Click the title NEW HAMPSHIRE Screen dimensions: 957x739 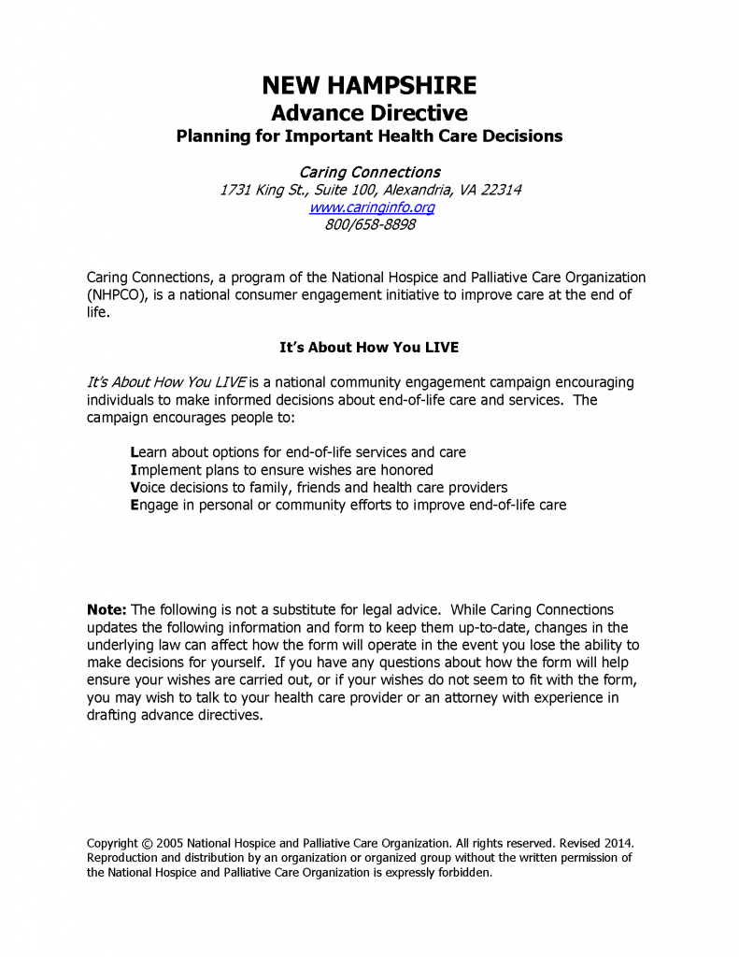(369, 86)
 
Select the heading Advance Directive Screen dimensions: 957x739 (369, 113)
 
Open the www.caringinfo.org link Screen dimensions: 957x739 (371, 207)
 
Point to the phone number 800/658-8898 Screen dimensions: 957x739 (370, 225)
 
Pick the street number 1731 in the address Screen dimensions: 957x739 (235, 190)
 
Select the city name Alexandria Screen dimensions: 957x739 (415, 190)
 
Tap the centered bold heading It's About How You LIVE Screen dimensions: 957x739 (369, 347)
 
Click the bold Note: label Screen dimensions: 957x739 (107, 610)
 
